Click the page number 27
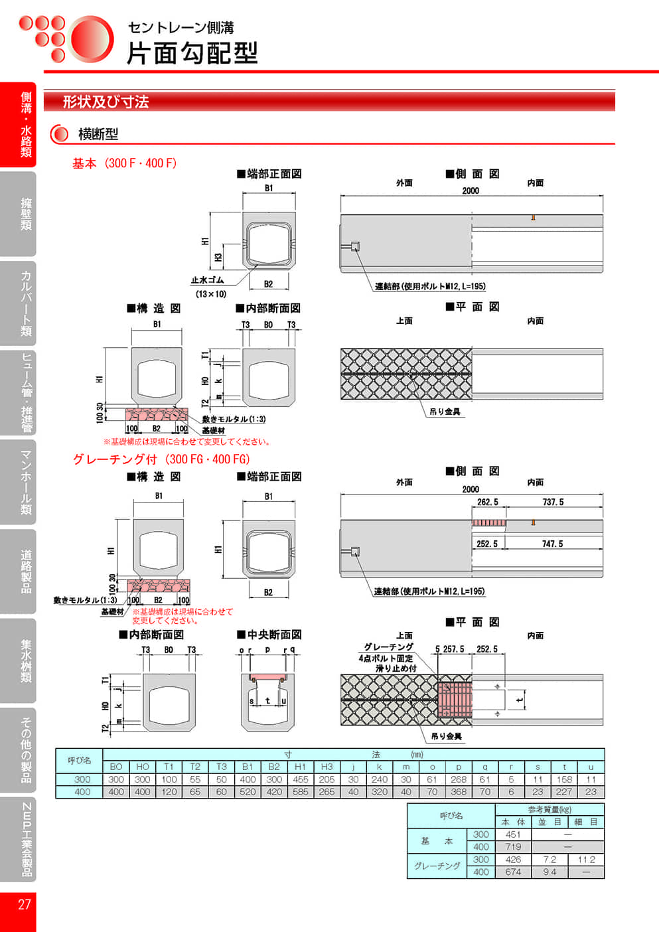24,904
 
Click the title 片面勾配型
192,53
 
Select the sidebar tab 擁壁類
25,213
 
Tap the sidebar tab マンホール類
25,482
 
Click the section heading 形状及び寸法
106,102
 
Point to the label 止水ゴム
207,280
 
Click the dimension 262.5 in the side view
487,502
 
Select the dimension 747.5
552,544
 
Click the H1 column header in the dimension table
300,767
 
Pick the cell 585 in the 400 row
300,791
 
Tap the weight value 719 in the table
513,847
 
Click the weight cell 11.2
586,860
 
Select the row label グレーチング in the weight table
437,866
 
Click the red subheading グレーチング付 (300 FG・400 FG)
161,459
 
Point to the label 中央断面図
273,635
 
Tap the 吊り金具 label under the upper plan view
444,412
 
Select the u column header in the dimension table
591,767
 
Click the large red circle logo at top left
91,39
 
